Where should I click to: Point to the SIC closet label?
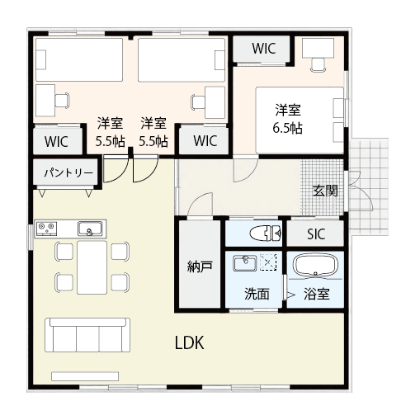pyautogui.click(x=316, y=234)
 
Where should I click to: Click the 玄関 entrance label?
pyautogui.click(x=324, y=191)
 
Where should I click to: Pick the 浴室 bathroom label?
pyautogui.click(x=316, y=293)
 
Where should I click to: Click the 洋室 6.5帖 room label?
pyautogui.click(x=287, y=119)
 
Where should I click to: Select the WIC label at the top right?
pyautogui.click(x=264, y=49)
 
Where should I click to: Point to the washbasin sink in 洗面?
pyautogui.click(x=244, y=263)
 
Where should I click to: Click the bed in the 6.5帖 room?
pyautogui.click(x=299, y=119)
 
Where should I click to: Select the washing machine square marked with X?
pyautogui.click(x=267, y=263)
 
